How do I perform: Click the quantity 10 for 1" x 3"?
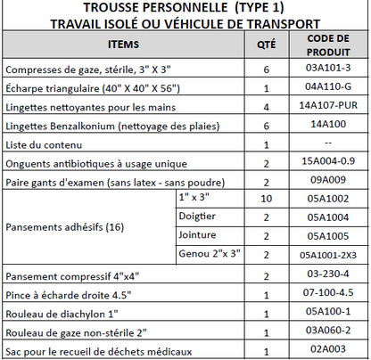click(x=266, y=198)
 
